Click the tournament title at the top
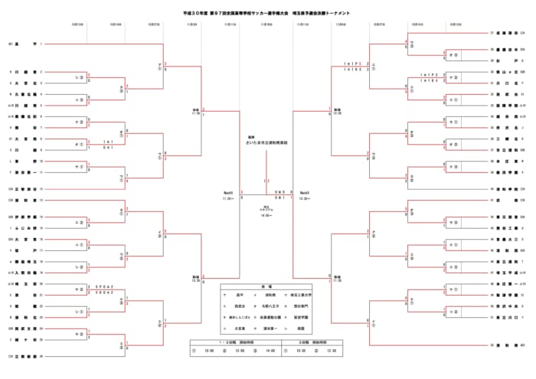268,14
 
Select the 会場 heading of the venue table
267,282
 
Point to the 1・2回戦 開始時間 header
236,342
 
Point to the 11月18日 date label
267,24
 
